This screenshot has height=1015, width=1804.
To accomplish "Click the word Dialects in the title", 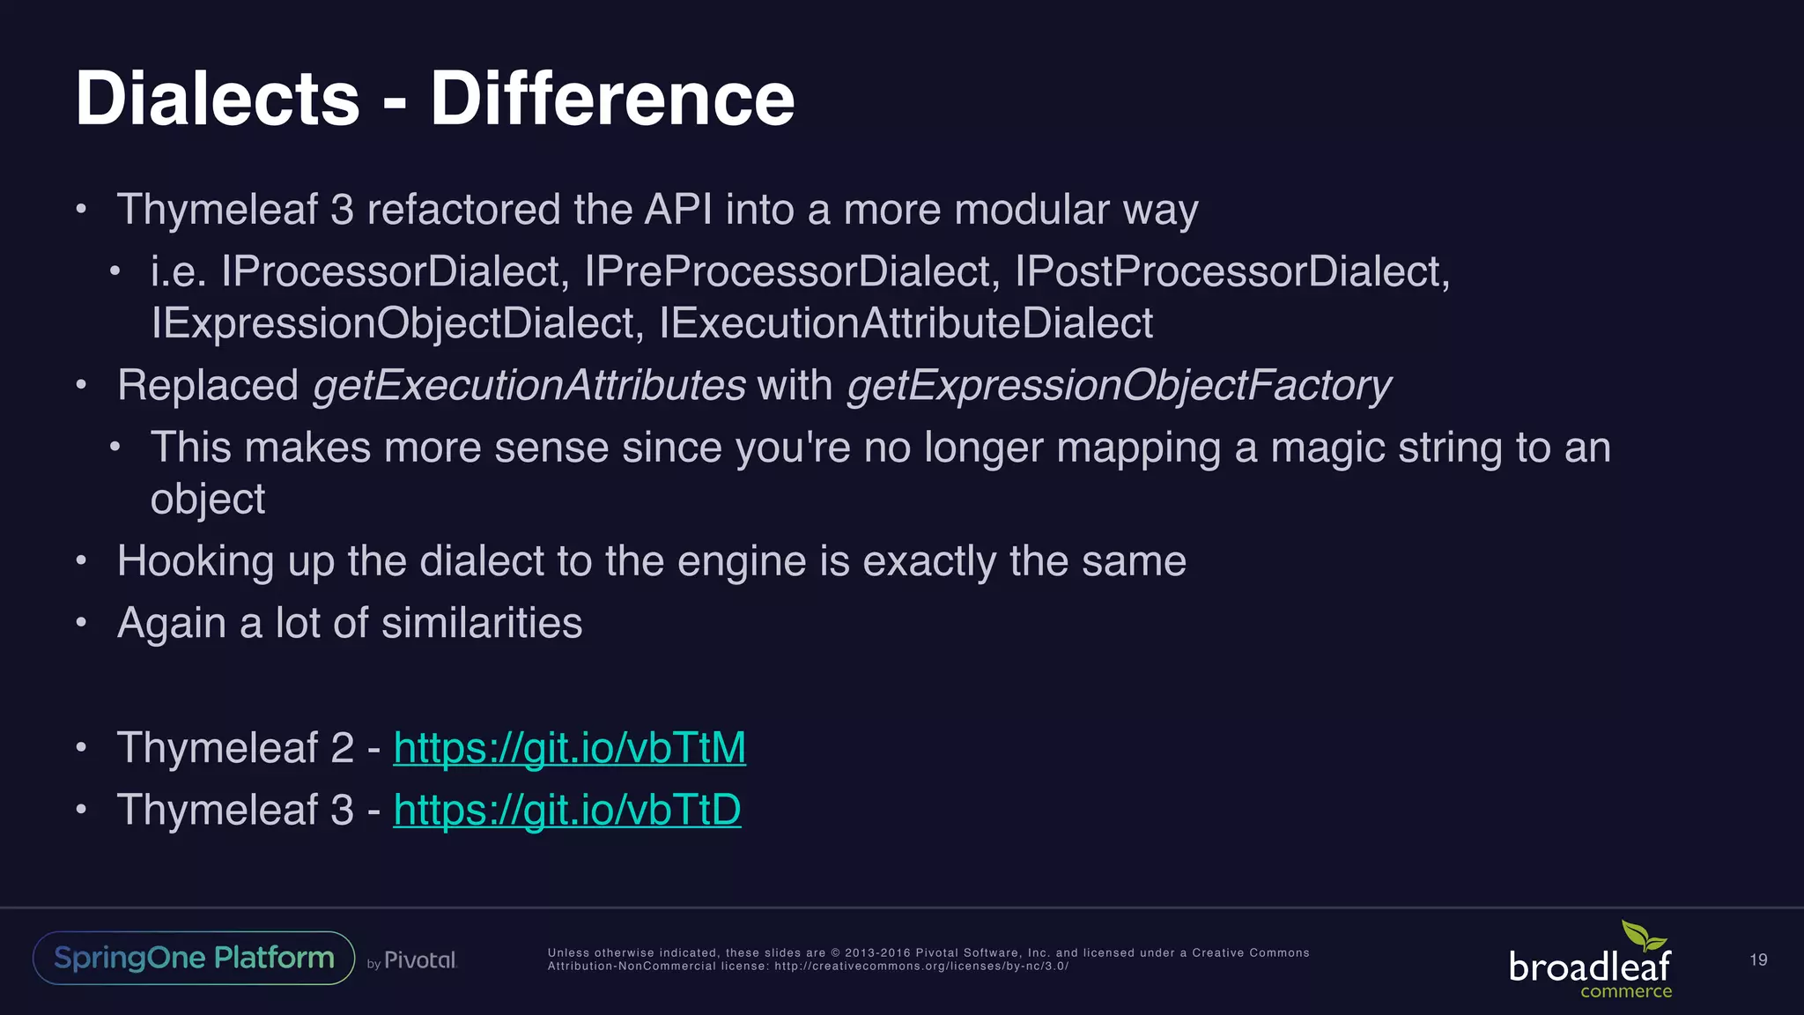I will pyautogui.click(x=218, y=99).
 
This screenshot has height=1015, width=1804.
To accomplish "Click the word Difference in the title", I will pyautogui.click(x=612, y=99).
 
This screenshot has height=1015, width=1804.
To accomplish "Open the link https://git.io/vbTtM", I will pyautogui.click(x=569, y=748).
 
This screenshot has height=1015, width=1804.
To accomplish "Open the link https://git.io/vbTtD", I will pyautogui.click(x=566, y=810).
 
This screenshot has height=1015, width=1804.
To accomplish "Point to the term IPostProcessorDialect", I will pyautogui.click(x=1231, y=271).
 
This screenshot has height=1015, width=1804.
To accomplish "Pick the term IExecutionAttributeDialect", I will pyautogui.click(x=906, y=323).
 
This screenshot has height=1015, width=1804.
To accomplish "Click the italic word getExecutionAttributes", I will pyautogui.click(x=529, y=386).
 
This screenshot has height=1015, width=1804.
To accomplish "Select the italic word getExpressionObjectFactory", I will pyautogui.click(x=1118, y=386).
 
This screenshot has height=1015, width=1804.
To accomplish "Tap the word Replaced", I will pyautogui.click(x=208, y=386).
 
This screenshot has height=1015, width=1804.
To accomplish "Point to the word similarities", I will pyautogui.click(x=482, y=623).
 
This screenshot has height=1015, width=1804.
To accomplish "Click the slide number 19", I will pyautogui.click(x=1758, y=959).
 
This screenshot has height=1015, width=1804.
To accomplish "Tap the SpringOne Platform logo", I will pyautogui.click(x=194, y=958).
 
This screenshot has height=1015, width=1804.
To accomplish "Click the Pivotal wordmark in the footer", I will pyautogui.click(x=420, y=960).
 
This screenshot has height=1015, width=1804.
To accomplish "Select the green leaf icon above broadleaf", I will pyautogui.click(x=1644, y=936).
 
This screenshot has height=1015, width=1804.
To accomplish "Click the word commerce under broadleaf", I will pyautogui.click(x=1626, y=991).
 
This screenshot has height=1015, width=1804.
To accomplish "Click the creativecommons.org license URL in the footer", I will pyautogui.click(x=921, y=967).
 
